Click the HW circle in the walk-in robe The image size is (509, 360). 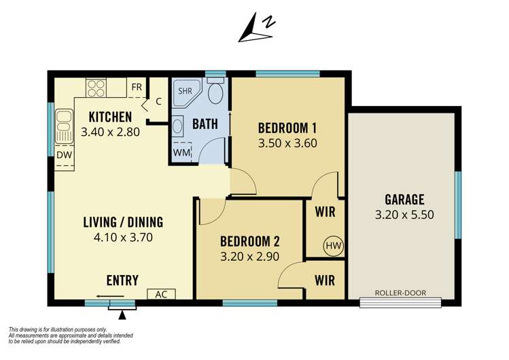[333, 245]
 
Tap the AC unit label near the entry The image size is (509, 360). [162, 294]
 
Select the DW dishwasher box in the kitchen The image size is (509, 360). [64, 155]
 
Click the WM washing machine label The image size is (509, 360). [181, 153]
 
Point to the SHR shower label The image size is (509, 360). [185, 90]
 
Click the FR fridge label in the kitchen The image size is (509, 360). [137, 87]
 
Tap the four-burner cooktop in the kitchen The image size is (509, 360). [96, 88]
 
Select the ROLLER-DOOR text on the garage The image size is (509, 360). [400, 293]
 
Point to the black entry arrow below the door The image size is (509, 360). [122, 314]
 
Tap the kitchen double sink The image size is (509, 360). [64, 126]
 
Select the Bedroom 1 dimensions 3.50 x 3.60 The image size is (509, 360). [287, 143]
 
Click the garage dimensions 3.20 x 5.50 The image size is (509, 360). [404, 215]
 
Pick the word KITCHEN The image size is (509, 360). [109, 118]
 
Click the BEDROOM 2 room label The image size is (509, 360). [250, 240]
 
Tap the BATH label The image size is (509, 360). [205, 124]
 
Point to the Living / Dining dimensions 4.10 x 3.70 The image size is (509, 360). [122, 238]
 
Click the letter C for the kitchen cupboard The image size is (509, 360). [158, 102]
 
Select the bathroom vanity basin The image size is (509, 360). [177, 126]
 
